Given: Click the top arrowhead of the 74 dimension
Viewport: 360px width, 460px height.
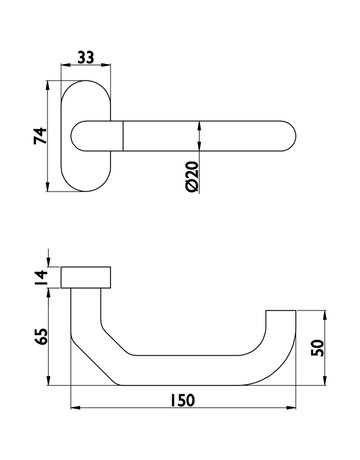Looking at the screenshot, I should point(48,95).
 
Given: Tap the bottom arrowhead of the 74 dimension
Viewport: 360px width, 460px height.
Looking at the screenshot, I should point(48,188).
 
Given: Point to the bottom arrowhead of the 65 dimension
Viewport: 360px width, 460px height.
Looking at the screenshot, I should point(48,386).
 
